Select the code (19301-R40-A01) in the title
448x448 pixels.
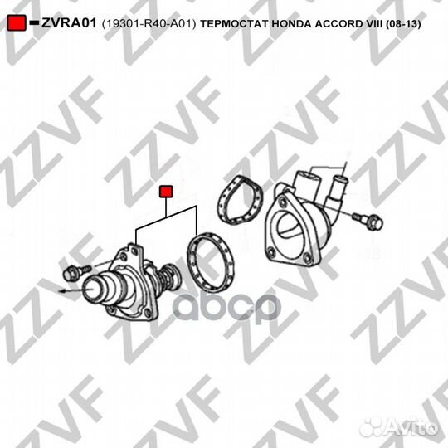149,23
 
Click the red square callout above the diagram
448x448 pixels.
166,192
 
